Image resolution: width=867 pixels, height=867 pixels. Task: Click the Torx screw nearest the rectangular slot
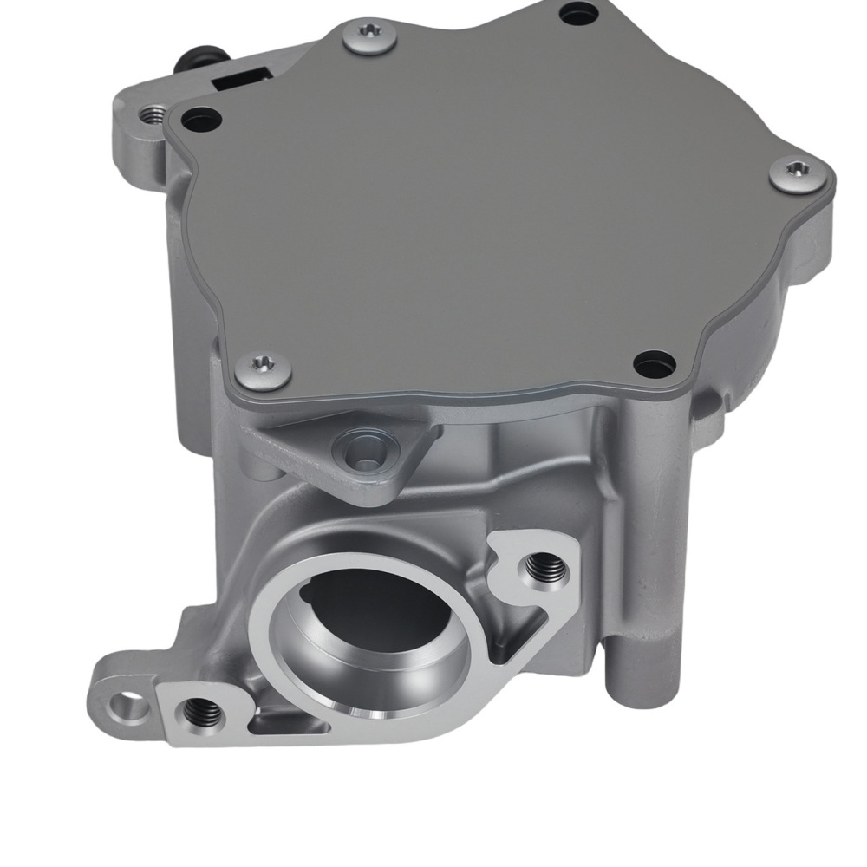369,36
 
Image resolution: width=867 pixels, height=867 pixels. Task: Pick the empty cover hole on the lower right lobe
655,363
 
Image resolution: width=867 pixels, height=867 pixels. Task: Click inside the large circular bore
364,624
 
